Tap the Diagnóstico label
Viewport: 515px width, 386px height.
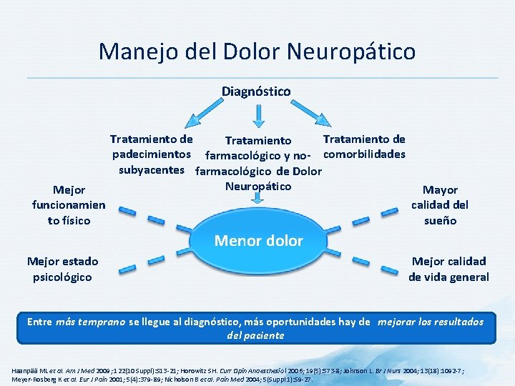click(x=256, y=91)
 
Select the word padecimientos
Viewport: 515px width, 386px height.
click(x=151, y=154)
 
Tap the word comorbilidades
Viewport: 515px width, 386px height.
click(x=364, y=154)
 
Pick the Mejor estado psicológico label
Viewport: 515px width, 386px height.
click(x=62, y=269)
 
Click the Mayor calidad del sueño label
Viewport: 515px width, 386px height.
click(x=440, y=205)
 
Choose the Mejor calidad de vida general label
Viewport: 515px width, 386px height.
click(x=448, y=269)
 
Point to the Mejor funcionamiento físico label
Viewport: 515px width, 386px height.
click(x=69, y=205)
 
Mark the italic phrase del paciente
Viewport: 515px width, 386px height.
click(x=255, y=335)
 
